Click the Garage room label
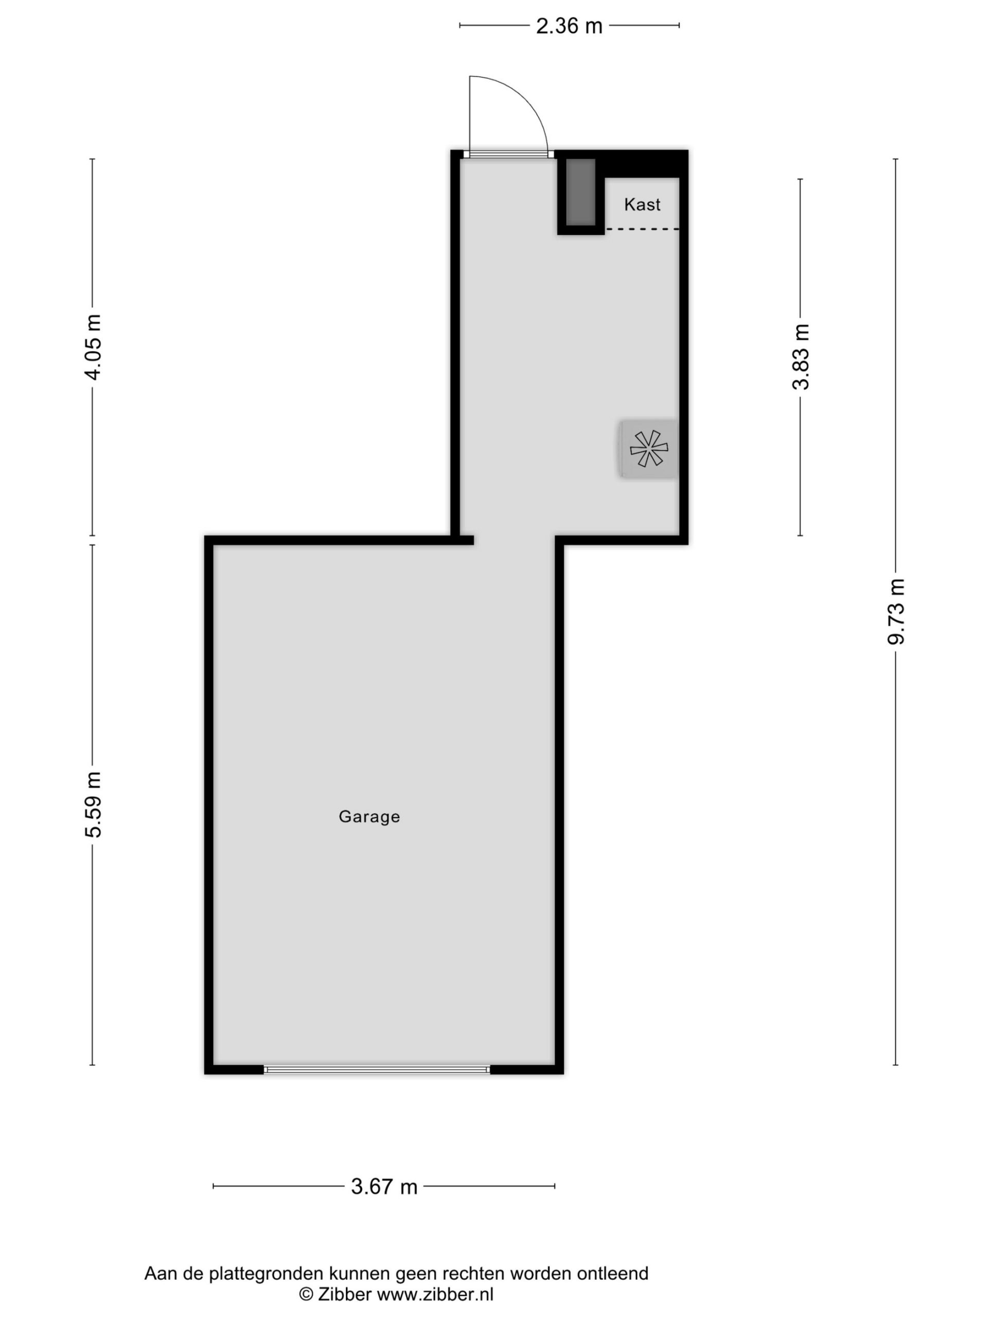[x=369, y=817]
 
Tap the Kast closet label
[x=642, y=204]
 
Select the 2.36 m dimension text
[x=569, y=26]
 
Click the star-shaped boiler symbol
[x=649, y=448]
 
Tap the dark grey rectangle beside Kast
[x=580, y=192]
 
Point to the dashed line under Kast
[x=642, y=229]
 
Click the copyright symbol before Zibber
[x=306, y=1294]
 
